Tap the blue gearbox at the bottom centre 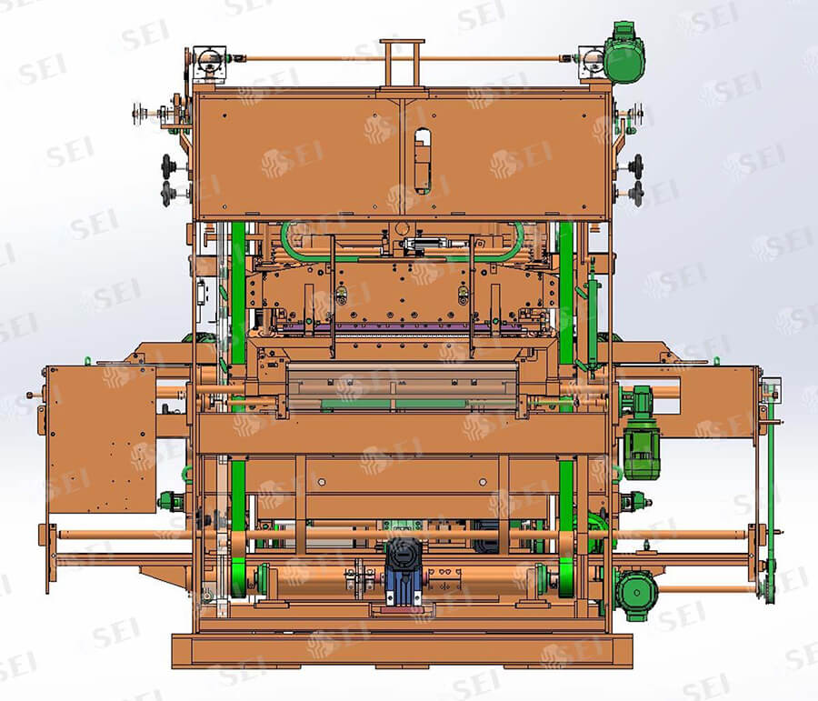403,570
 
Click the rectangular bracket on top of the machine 402,63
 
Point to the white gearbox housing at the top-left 210,65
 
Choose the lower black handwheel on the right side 637,194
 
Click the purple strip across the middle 402,328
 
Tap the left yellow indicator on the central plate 341,295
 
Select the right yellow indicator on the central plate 463,295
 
